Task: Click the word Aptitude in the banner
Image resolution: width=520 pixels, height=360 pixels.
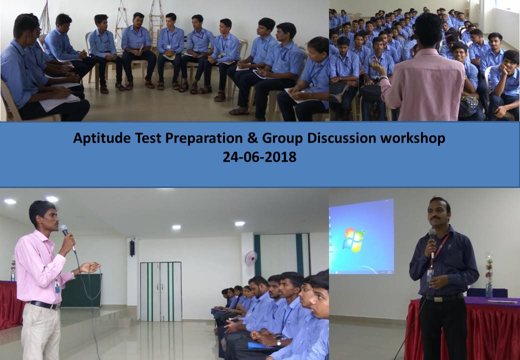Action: (102, 138)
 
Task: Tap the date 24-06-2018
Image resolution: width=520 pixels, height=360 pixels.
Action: (259, 157)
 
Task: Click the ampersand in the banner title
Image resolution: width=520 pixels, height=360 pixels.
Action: (252, 138)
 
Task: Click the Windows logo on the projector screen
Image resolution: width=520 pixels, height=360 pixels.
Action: (353, 238)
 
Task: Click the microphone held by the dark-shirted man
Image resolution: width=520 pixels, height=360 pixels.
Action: (432, 242)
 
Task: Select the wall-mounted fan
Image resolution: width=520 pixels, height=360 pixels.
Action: (251, 258)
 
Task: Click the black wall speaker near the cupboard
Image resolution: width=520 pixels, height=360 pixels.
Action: (132, 248)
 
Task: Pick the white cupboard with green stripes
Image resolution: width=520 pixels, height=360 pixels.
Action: (161, 291)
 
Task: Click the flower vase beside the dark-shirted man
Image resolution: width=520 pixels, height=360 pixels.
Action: (488, 275)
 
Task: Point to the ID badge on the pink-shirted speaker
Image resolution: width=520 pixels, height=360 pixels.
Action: (57, 287)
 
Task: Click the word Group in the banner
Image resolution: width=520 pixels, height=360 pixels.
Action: (282, 138)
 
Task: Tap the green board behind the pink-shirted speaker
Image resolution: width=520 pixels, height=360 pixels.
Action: (81, 290)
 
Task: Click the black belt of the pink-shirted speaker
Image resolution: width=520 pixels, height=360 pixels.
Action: (44, 305)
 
